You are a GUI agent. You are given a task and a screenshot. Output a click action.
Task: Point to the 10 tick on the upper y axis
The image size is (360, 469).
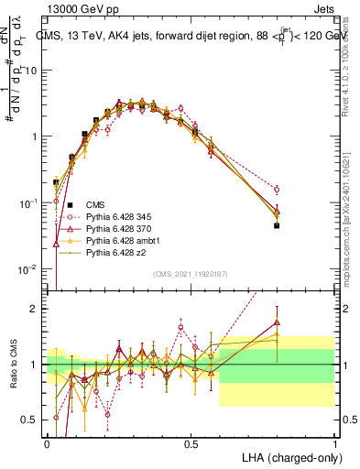click(x=34, y=71)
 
